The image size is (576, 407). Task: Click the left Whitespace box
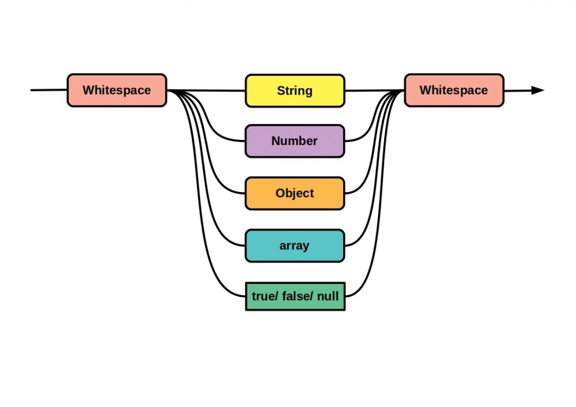pos(117,90)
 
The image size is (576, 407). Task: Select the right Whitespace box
pos(454,90)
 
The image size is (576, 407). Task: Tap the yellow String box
pos(295,91)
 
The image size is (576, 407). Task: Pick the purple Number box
pos(295,141)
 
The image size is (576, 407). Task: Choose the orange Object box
pos(295,193)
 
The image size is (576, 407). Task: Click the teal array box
pos(295,246)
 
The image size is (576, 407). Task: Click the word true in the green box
pos(262,296)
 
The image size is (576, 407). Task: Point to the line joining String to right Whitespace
pos(374,91)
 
